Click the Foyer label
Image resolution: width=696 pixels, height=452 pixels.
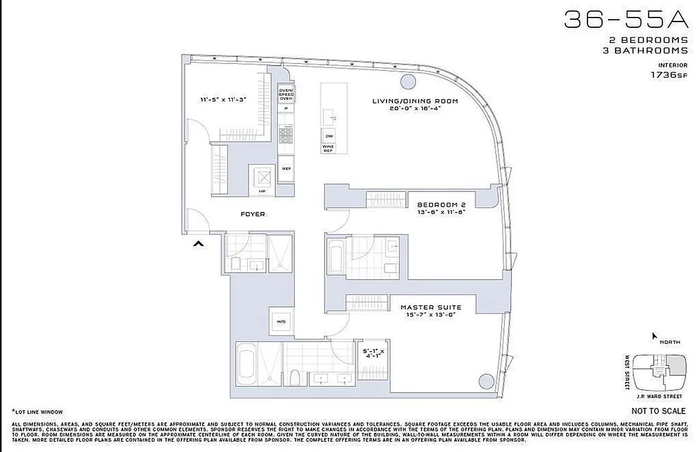(253, 214)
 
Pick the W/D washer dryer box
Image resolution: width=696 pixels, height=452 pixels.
(281, 321)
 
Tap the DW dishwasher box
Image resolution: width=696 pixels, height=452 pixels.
(328, 136)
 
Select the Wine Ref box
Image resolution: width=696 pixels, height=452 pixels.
(328, 149)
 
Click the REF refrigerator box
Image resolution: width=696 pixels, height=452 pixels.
(286, 168)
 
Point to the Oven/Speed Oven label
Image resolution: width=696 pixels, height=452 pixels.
(286, 94)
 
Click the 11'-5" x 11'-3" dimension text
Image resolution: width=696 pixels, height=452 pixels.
(223, 99)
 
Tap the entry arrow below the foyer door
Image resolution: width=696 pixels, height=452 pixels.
(198, 244)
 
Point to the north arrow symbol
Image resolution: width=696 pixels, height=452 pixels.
(655, 336)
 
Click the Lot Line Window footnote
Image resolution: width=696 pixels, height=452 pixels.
(37, 412)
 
